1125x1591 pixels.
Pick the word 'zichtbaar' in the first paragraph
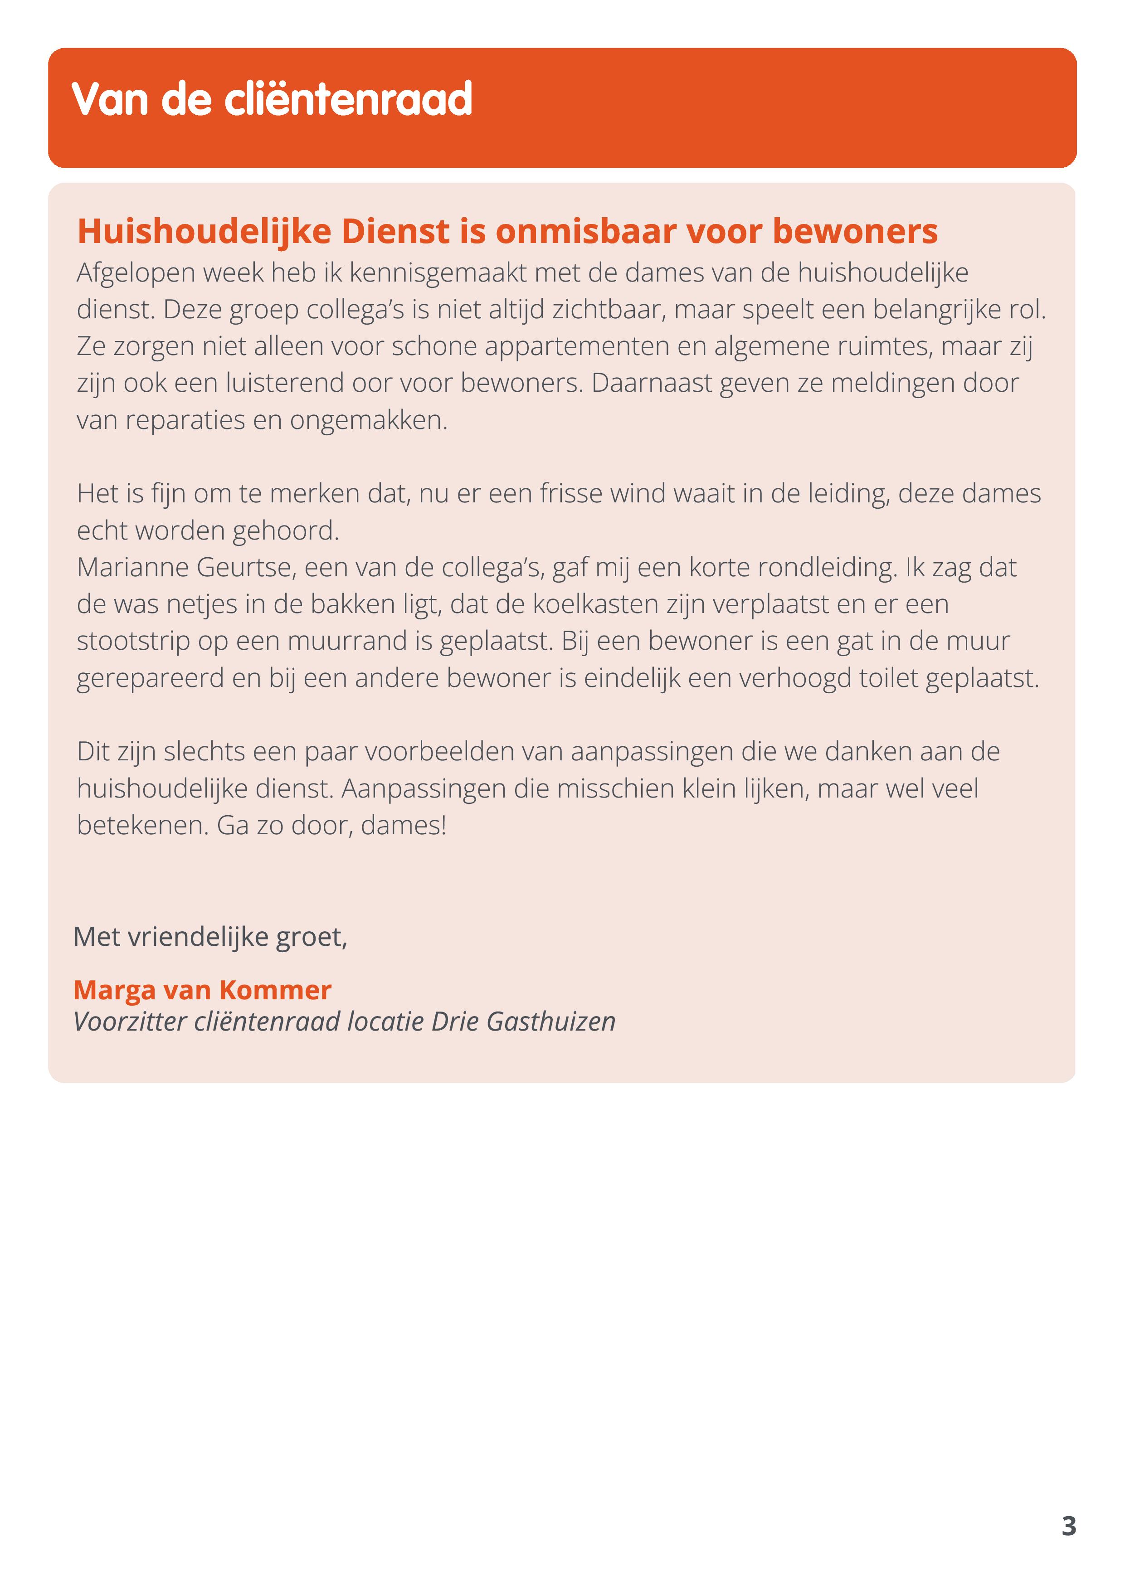click(609, 310)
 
